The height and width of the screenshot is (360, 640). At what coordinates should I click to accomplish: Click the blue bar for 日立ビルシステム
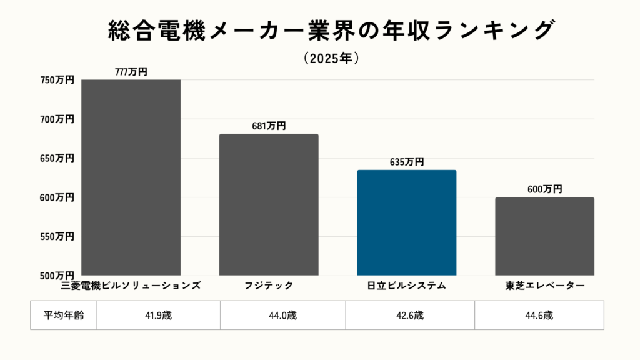[407, 222]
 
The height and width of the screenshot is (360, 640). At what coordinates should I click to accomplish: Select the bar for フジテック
[269, 204]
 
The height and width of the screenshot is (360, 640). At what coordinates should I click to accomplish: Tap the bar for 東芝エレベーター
[544, 236]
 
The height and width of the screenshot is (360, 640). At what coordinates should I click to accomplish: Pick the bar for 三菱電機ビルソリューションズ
[131, 177]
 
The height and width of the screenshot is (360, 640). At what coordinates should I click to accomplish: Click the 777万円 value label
[131, 72]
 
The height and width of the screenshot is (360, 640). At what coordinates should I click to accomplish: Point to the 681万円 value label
[269, 126]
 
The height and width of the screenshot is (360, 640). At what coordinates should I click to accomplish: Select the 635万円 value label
[407, 162]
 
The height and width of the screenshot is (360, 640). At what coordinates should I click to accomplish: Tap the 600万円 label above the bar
[544, 189]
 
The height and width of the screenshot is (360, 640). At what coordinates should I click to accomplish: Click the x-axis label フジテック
[269, 286]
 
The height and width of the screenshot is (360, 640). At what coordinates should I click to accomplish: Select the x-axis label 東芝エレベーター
[544, 286]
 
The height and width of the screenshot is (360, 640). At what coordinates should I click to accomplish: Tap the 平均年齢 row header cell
[64, 315]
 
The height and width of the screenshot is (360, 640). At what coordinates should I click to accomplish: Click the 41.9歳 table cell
[158, 315]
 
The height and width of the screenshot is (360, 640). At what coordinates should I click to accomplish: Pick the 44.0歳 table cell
[283, 315]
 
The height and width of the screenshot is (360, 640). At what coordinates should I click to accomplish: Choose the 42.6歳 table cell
[410, 315]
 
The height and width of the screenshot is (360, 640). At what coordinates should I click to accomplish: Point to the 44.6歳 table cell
[539, 315]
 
